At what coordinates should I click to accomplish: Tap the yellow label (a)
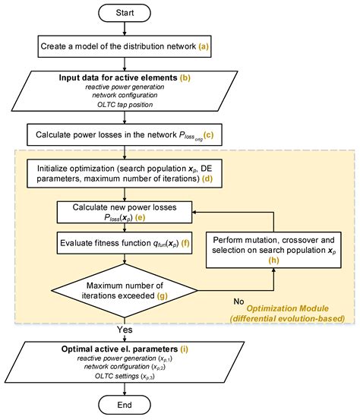(x=203, y=47)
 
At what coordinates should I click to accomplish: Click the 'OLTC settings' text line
(x=118, y=378)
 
